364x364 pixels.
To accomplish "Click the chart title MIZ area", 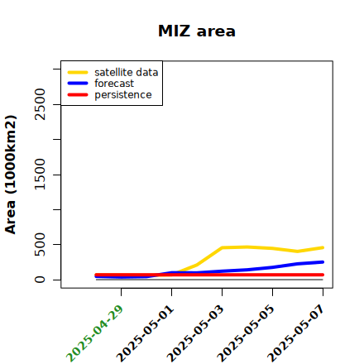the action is pyautogui.click(x=197, y=31).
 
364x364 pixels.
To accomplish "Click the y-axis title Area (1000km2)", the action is pyautogui.click(x=11, y=175).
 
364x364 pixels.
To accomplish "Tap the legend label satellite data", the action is pyautogui.click(x=127, y=72).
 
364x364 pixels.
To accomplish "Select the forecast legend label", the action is pyautogui.click(x=114, y=84).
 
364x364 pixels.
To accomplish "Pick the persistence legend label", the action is pyautogui.click(x=123, y=95).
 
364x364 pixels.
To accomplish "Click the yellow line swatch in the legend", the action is pyautogui.click(x=78, y=72).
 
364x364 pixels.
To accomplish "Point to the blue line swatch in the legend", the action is pyautogui.click(x=78, y=84).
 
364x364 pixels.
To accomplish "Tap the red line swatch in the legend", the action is pyautogui.click(x=78, y=95).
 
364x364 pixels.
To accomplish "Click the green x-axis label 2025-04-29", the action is pyautogui.click(x=94, y=333).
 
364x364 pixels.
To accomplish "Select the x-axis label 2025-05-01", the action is pyautogui.click(x=145, y=333).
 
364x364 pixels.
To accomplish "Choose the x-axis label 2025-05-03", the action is pyautogui.click(x=195, y=333).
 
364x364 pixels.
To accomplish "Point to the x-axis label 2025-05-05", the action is pyautogui.click(x=246, y=333).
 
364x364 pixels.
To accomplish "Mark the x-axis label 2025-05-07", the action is pyautogui.click(x=296, y=333).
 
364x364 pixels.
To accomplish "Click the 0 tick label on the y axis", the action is pyautogui.click(x=40, y=280).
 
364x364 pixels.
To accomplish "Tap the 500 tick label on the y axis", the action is pyautogui.click(x=40, y=244).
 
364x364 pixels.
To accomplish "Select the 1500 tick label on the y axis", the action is pyautogui.click(x=40, y=175).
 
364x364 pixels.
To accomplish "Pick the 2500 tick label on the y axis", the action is pyautogui.click(x=40, y=104).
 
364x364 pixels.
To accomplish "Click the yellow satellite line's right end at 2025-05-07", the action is pyautogui.click(x=323, y=247).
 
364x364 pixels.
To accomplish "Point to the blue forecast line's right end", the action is pyautogui.click(x=323, y=262).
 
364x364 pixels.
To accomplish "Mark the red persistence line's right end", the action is pyautogui.click(x=323, y=275).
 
